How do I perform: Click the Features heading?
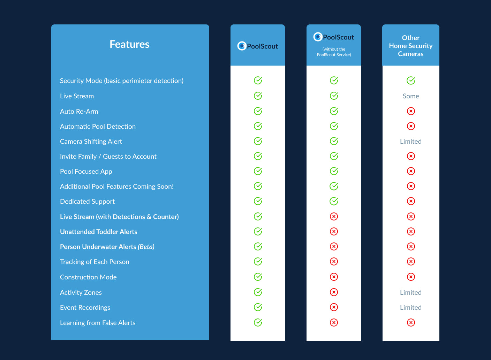click(x=129, y=44)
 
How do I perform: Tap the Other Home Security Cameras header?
click(x=410, y=46)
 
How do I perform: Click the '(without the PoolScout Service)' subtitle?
click(x=334, y=52)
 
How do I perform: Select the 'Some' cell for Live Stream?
click(x=410, y=96)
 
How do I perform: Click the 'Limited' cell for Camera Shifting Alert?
click(x=410, y=141)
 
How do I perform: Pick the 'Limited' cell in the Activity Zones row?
click(x=410, y=292)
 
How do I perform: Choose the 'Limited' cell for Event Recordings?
click(x=410, y=307)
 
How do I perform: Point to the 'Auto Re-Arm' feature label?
click(x=79, y=111)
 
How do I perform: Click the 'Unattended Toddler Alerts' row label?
click(x=98, y=232)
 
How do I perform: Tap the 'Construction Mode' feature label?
click(x=88, y=277)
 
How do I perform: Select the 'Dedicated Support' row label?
click(x=87, y=201)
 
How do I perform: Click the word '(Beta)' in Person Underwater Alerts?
click(x=146, y=247)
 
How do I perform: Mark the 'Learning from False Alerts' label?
click(x=98, y=323)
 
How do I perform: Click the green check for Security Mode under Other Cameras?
click(x=411, y=81)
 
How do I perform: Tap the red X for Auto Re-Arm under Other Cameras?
click(x=411, y=111)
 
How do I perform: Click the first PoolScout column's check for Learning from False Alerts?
click(x=258, y=322)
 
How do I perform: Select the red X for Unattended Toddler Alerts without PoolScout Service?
click(x=334, y=231)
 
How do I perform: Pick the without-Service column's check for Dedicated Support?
click(x=334, y=201)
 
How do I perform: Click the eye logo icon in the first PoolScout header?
click(x=242, y=46)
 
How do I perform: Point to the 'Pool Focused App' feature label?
click(x=86, y=171)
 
